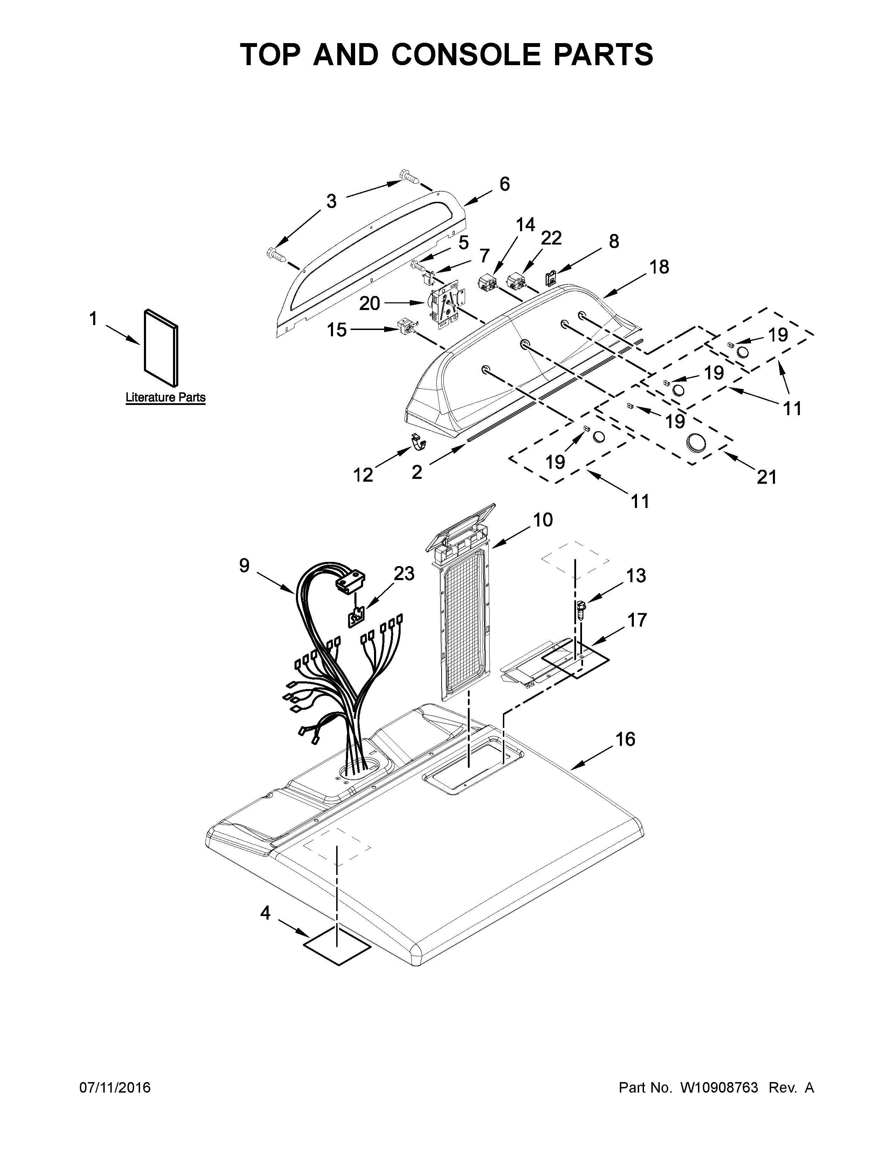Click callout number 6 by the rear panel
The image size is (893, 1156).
tap(504, 184)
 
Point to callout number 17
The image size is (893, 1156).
tap(637, 619)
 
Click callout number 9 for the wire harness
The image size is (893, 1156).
tap(244, 565)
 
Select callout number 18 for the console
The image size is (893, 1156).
tap(659, 267)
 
